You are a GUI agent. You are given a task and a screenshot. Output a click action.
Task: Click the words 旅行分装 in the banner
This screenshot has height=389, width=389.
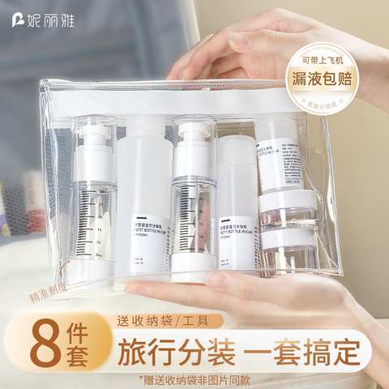pos(177,353)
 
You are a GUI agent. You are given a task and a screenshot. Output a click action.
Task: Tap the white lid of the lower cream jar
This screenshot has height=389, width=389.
pos(287,236)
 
